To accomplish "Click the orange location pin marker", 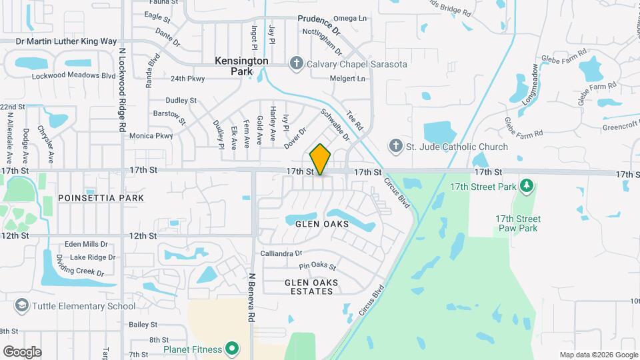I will click(x=320, y=159).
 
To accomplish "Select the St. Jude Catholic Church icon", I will click(x=395, y=146).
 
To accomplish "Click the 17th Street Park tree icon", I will click(x=527, y=185).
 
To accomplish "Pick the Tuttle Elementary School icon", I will click(x=22, y=306).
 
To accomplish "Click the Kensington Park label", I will click(x=241, y=65).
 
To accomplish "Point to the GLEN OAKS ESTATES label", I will click(x=311, y=287).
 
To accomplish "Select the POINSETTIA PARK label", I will click(x=101, y=198).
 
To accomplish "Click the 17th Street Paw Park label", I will click(x=518, y=223).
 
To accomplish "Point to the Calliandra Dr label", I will click(x=281, y=253).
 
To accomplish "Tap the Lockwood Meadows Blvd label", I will click(x=74, y=76).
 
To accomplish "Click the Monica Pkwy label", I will click(x=151, y=135).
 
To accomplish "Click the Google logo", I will click(x=22, y=351).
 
